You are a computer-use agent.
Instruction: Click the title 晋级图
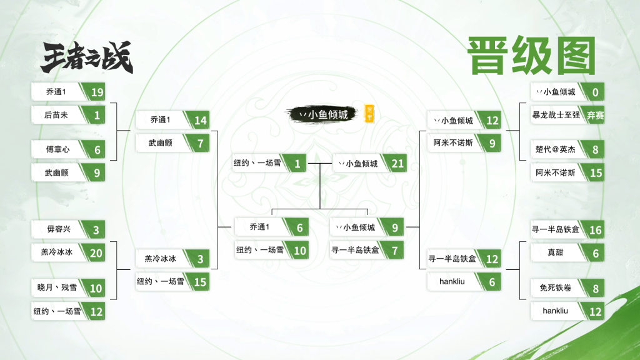(531, 56)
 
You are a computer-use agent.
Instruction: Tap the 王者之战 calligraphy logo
(87, 57)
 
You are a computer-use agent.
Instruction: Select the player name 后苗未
(56, 115)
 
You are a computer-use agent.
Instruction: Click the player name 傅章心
(57, 149)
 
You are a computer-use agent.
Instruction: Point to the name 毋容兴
(59, 229)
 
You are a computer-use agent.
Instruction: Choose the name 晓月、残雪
(57, 287)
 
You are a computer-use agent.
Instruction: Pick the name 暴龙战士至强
(556, 115)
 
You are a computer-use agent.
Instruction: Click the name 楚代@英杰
(556, 149)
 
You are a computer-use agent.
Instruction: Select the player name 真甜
(555, 252)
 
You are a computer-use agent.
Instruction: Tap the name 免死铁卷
(556, 287)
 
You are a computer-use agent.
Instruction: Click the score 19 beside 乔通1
(97, 92)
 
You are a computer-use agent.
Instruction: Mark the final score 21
(397, 164)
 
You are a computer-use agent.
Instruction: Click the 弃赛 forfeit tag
(595, 116)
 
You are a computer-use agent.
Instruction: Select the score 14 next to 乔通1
(201, 121)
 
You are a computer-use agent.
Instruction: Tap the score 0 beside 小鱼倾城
(596, 92)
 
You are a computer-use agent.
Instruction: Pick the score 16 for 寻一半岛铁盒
(596, 230)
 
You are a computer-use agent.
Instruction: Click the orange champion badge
(369, 114)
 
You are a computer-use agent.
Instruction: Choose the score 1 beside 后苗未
(97, 116)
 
